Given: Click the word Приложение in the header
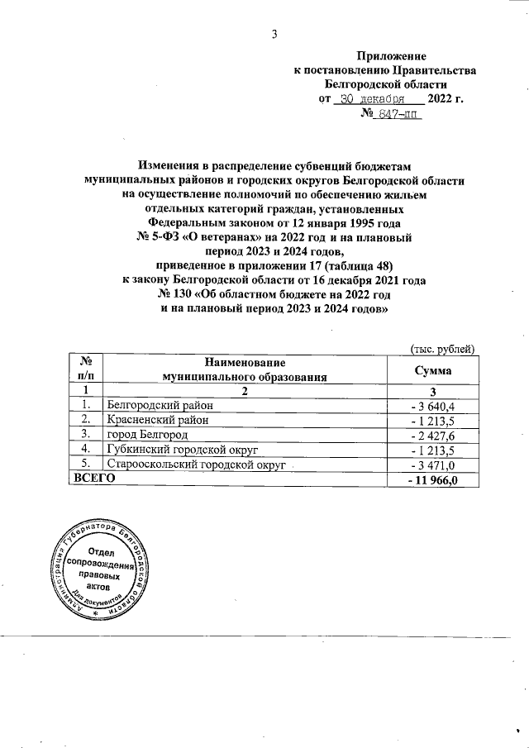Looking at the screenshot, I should (391, 56).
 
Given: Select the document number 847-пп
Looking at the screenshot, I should (398, 115).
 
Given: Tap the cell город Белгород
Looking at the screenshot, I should (142, 434).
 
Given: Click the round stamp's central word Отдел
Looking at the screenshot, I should (102, 551).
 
